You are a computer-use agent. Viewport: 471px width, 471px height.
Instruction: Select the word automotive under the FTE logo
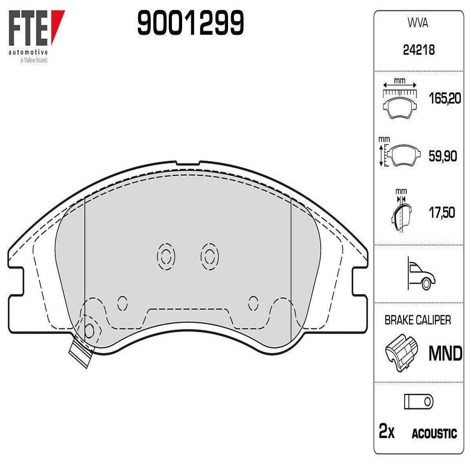tap(28, 52)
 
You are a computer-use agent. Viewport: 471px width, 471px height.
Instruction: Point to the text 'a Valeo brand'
tap(34, 60)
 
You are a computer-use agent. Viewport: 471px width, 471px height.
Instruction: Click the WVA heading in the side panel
tap(418, 24)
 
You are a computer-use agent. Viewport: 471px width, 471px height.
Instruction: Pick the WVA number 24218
tap(419, 50)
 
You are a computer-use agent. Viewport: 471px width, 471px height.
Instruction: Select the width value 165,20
tap(445, 99)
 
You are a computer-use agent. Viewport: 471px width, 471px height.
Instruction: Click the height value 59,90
tap(443, 156)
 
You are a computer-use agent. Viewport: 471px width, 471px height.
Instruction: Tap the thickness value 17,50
tap(442, 213)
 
